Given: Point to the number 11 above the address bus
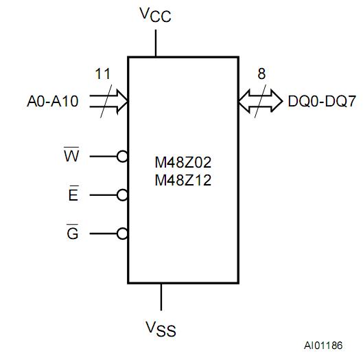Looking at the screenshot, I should point(102,74).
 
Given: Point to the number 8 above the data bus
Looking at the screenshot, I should point(261,74).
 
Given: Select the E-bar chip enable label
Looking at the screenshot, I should point(73,194).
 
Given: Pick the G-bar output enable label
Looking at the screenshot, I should point(72,233).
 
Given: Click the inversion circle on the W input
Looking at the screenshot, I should point(123,157).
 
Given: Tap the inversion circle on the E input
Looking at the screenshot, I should point(123,195).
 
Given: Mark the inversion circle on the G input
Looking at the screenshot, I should point(123,234).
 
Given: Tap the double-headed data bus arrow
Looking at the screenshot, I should point(260,102).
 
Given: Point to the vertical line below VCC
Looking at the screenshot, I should point(156,43).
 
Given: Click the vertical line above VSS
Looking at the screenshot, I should point(161,297).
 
